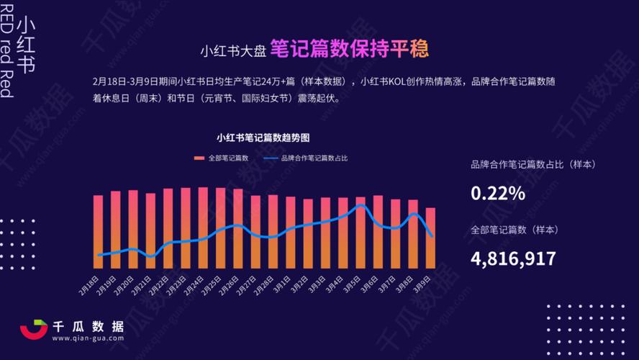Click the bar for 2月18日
(x=99, y=226)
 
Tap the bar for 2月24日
(x=203, y=222)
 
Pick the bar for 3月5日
(x=361, y=227)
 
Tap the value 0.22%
(x=498, y=193)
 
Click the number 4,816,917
(x=513, y=258)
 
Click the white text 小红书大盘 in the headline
(x=234, y=50)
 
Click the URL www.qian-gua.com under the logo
(x=88, y=338)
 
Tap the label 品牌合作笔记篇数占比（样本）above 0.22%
(x=533, y=165)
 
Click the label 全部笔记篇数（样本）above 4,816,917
(x=515, y=230)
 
